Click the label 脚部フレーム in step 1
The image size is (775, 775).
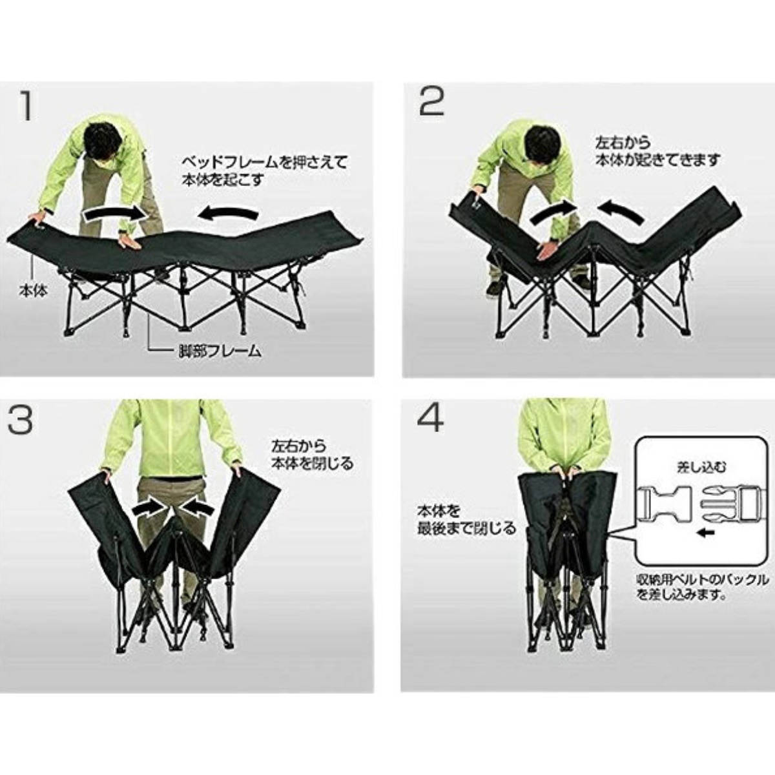point(220,351)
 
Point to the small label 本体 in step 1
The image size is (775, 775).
point(32,291)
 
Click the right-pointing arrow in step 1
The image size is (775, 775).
point(112,212)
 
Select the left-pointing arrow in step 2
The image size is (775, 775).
point(621,212)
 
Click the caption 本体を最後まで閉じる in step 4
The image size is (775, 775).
point(466,520)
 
